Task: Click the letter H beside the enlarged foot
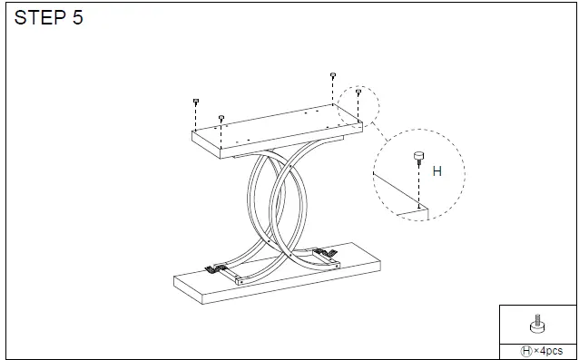coord(437,170)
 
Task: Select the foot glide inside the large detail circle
coord(418,158)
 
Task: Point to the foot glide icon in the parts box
coord(536,325)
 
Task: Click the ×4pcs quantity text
coord(547,350)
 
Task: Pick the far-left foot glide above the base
coord(196,102)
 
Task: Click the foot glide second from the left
coord(221,118)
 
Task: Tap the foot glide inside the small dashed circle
coord(358,92)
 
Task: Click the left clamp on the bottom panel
coord(214,268)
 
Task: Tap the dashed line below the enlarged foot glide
coord(418,186)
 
